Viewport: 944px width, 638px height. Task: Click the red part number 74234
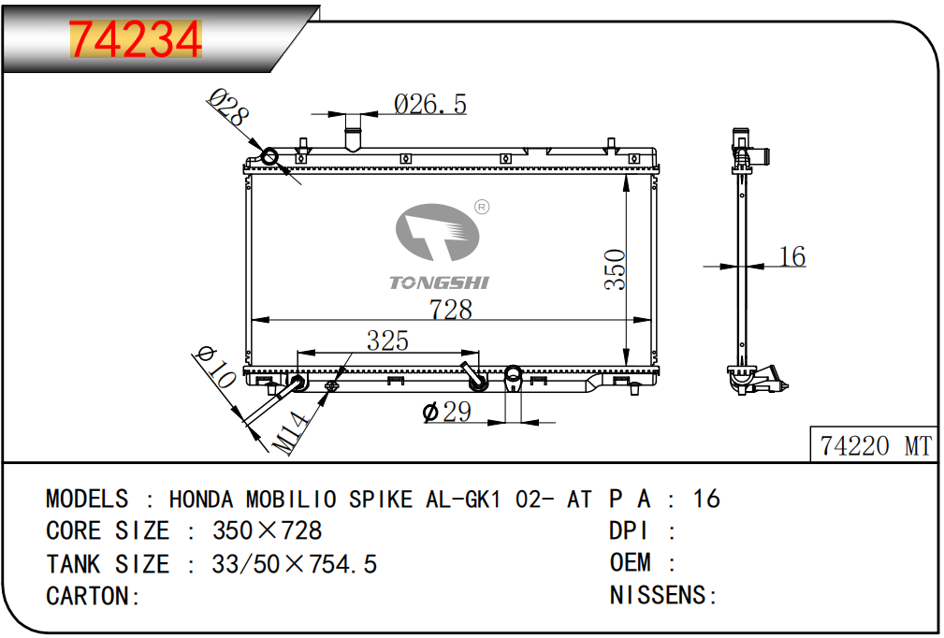[x=136, y=39]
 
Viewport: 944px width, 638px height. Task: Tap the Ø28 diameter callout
[x=228, y=108]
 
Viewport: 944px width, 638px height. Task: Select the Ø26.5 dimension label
[x=429, y=104]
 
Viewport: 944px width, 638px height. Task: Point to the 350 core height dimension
[x=616, y=269]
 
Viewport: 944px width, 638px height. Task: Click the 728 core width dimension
[x=450, y=310]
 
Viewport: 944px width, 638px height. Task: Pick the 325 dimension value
[x=387, y=341]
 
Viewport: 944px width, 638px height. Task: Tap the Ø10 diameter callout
[x=215, y=367]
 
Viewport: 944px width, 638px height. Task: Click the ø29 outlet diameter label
[x=446, y=413]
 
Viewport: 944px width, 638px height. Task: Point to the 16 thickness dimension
[x=792, y=256]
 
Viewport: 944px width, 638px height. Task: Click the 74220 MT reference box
[x=874, y=444]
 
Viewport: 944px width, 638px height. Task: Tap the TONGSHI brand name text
[x=439, y=283]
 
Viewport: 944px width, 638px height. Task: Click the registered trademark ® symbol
[x=482, y=207]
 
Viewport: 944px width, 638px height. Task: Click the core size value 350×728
[x=267, y=530]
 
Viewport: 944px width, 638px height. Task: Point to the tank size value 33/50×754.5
[x=294, y=564]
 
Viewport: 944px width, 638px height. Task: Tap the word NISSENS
[x=658, y=595]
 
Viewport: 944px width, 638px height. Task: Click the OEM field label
[x=631, y=563]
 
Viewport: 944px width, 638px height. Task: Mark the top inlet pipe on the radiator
[x=353, y=131]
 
